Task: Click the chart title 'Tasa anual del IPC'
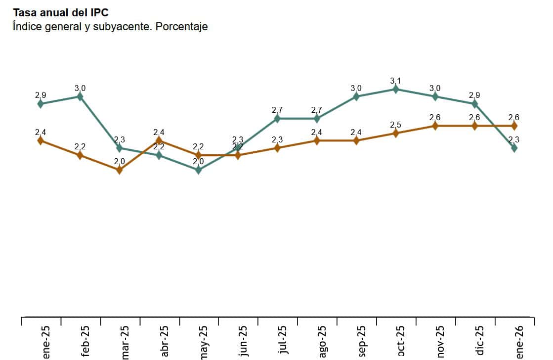click(61, 12)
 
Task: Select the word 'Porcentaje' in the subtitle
click(181, 27)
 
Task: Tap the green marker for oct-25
click(395, 89)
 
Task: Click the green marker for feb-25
click(80, 96)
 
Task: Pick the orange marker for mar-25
click(119, 170)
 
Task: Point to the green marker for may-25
click(198, 170)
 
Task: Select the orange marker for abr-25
click(159, 141)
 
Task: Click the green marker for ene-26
click(514, 148)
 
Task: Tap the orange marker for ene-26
click(514, 126)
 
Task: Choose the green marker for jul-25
click(277, 119)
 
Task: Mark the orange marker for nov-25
click(435, 126)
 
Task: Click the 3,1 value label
click(395, 81)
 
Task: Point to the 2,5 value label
click(395, 125)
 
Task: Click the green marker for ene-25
click(41, 104)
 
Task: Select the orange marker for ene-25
click(41, 141)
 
